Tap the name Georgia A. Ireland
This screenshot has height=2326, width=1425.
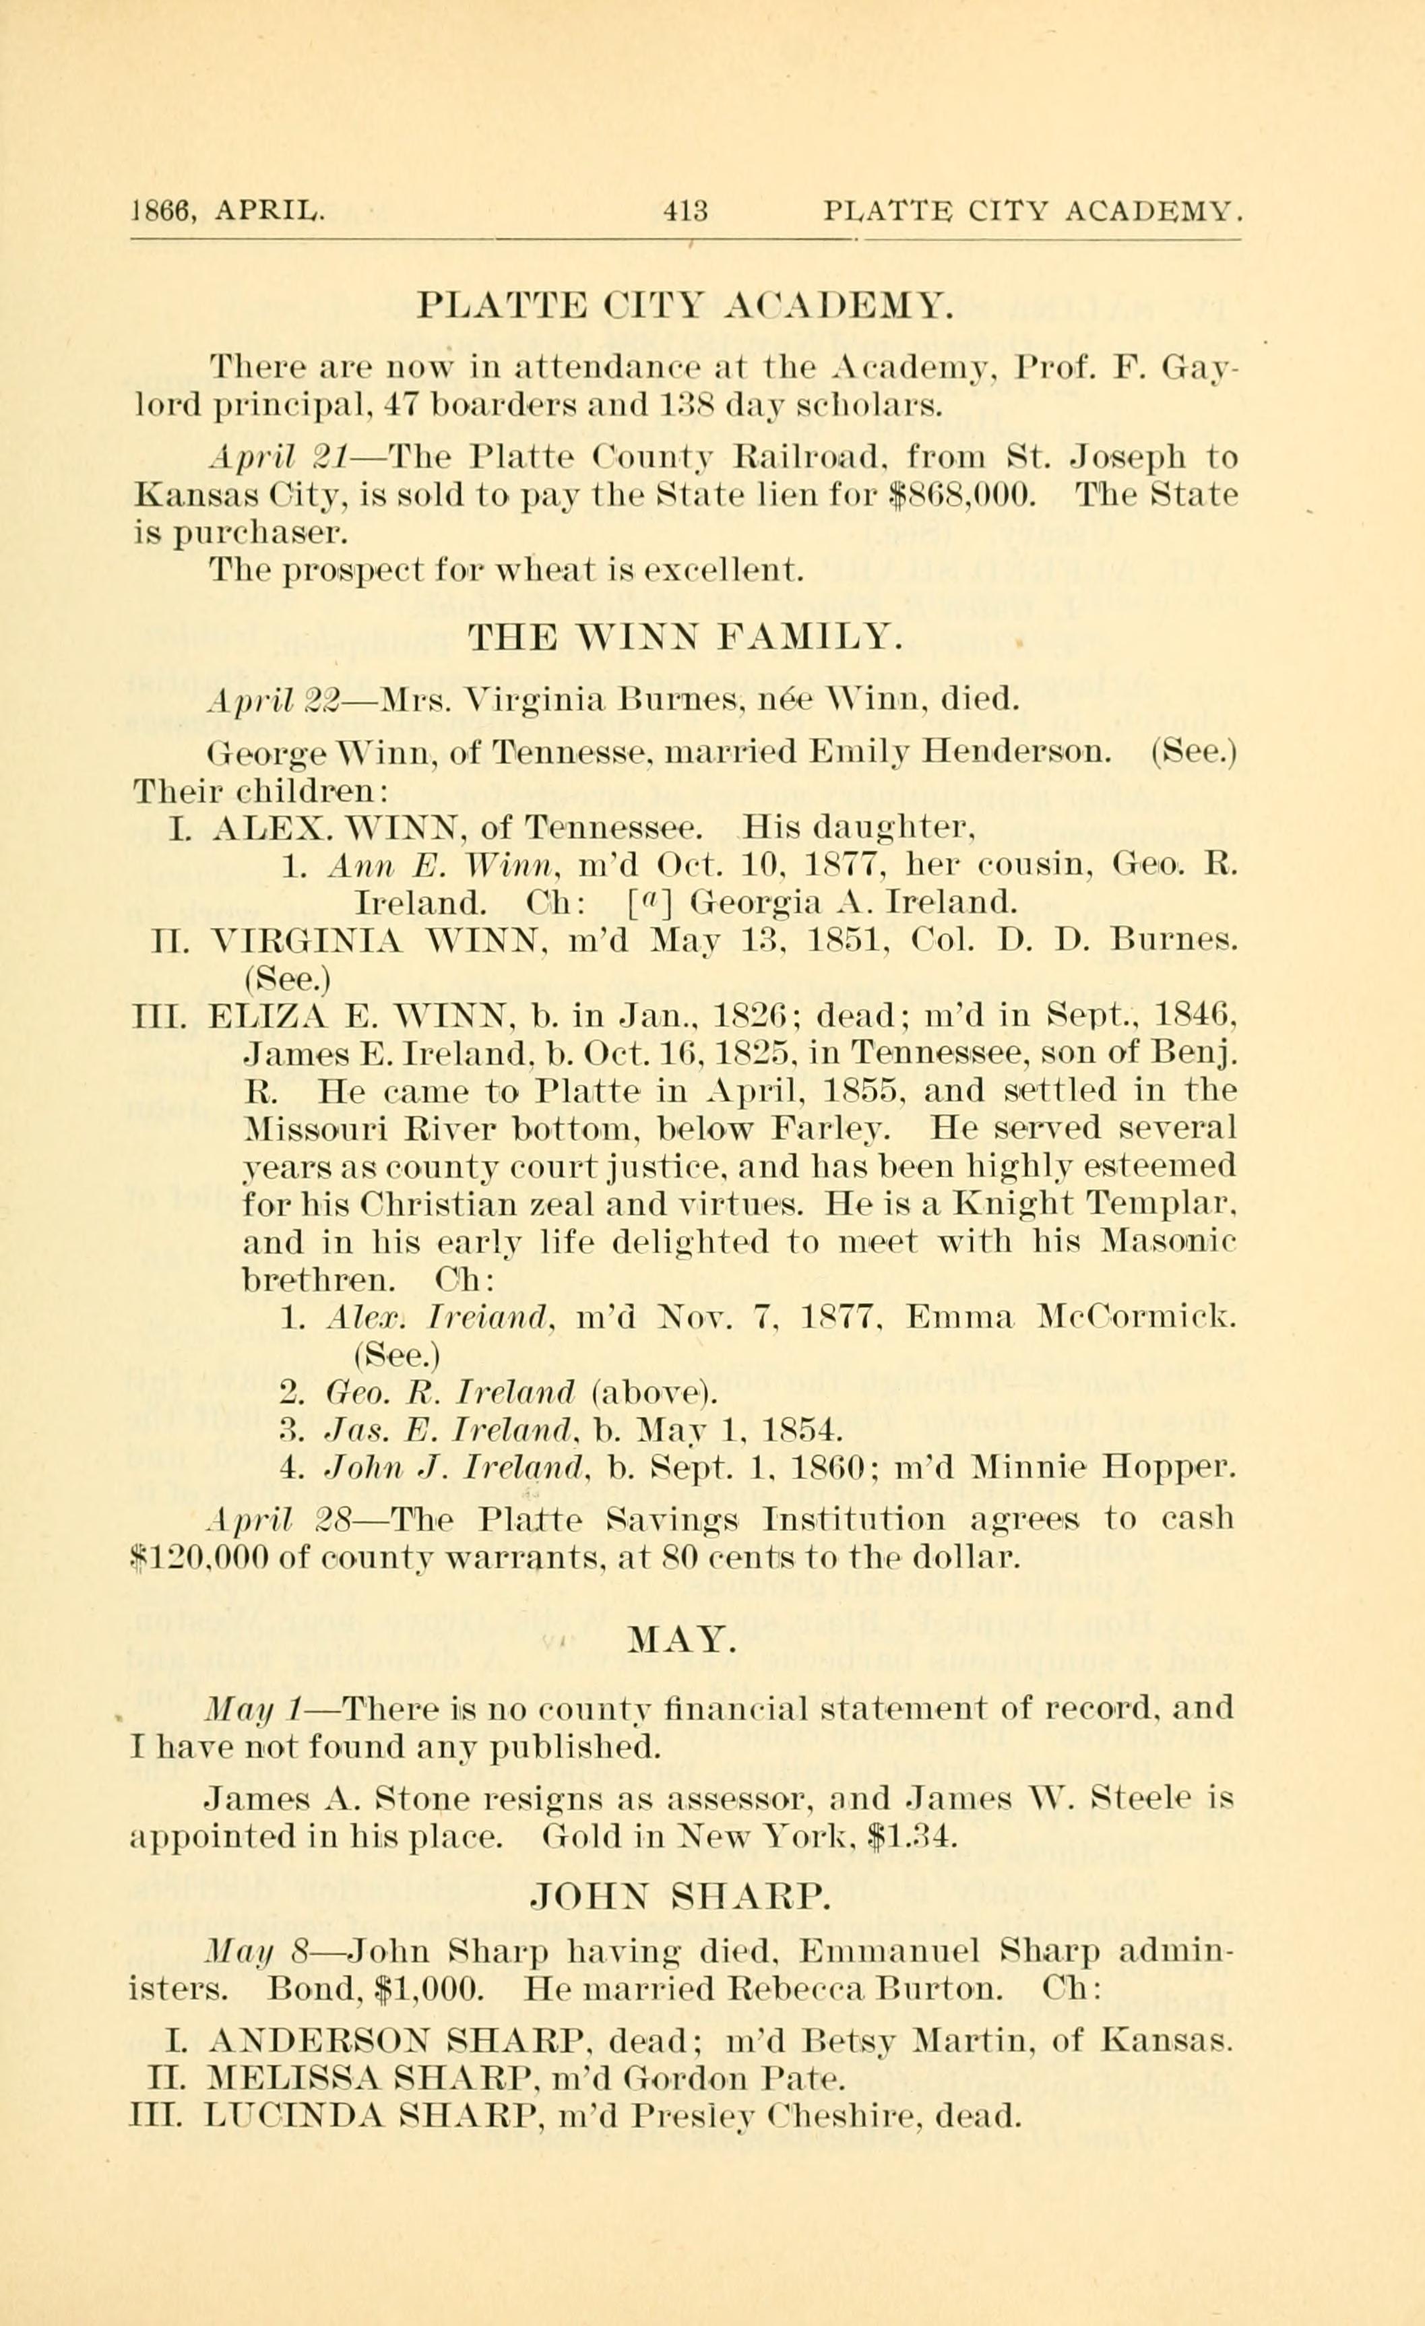click(853, 904)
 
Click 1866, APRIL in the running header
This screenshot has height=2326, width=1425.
click(229, 210)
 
